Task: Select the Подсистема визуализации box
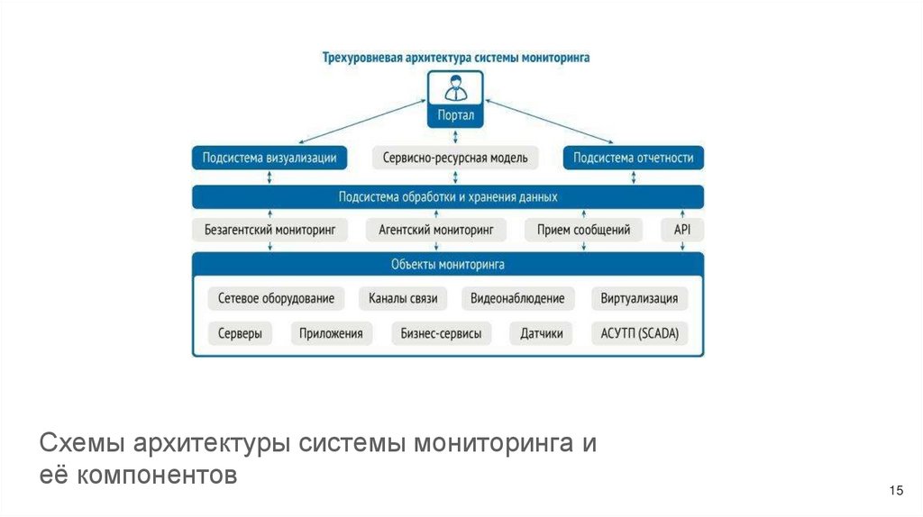click(270, 158)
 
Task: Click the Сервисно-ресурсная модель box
click(455, 158)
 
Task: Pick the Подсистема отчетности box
click(634, 158)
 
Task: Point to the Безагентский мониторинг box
click(270, 230)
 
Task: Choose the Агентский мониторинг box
click(436, 230)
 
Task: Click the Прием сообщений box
click(583, 230)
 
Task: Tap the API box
click(682, 230)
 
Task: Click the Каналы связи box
click(403, 298)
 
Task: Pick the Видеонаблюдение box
click(517, 298)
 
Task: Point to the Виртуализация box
click(639, 298)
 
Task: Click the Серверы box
click(240, 333)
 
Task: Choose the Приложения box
click(332, 333)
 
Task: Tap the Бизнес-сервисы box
click(441, 333)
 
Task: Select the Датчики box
click(541, 333)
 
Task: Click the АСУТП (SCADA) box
click(639, 333)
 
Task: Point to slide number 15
click(895, 490)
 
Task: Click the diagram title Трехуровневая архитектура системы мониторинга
click(456, 57)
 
